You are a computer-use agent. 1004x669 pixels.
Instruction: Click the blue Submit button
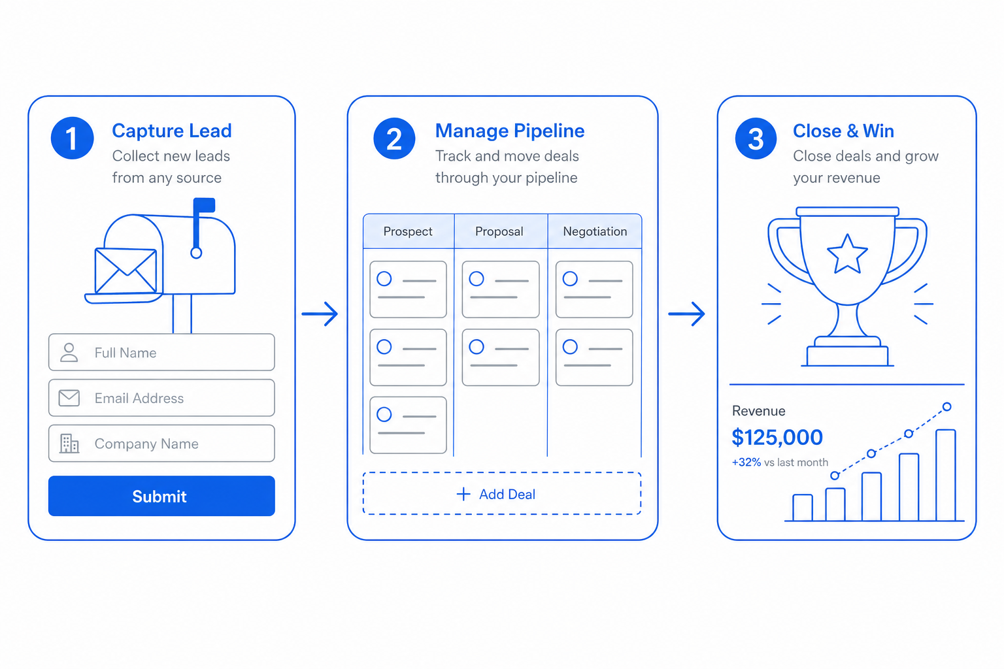[x=161, y=496]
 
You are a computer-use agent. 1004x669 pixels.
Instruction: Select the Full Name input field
[x=161, y=352]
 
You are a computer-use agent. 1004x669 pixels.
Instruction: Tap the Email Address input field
[x=161, y=398]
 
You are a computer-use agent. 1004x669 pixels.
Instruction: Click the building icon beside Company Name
[x=69, y=444]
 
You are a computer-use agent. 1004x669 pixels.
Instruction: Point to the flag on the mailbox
[x=204, y=205]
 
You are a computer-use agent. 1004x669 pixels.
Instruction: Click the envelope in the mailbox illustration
[x=126, y=270]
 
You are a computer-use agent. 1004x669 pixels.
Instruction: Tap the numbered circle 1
[x=72, y=138]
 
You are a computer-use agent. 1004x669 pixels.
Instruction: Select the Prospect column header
[x=409, y=231]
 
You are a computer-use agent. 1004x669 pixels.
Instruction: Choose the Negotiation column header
[x=595, y=231]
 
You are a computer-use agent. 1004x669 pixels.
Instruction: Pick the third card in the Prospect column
[x=408, y=425]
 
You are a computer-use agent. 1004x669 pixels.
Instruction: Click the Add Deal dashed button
[x=502, y=493]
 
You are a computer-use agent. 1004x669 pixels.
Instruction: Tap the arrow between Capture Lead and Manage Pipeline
[x=320, y=314]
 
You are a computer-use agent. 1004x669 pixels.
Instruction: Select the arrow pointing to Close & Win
[x=687, y=314]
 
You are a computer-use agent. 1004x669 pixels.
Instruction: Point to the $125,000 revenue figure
[x=777, y=437]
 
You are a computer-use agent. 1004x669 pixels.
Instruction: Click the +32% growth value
[x=746, y=463]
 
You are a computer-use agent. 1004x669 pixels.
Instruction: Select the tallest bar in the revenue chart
[x=946, y=475]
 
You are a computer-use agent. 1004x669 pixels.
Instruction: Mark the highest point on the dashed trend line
[x=946, y=407]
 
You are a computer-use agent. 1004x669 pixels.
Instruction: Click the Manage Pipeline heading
[x=510, y=131]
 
